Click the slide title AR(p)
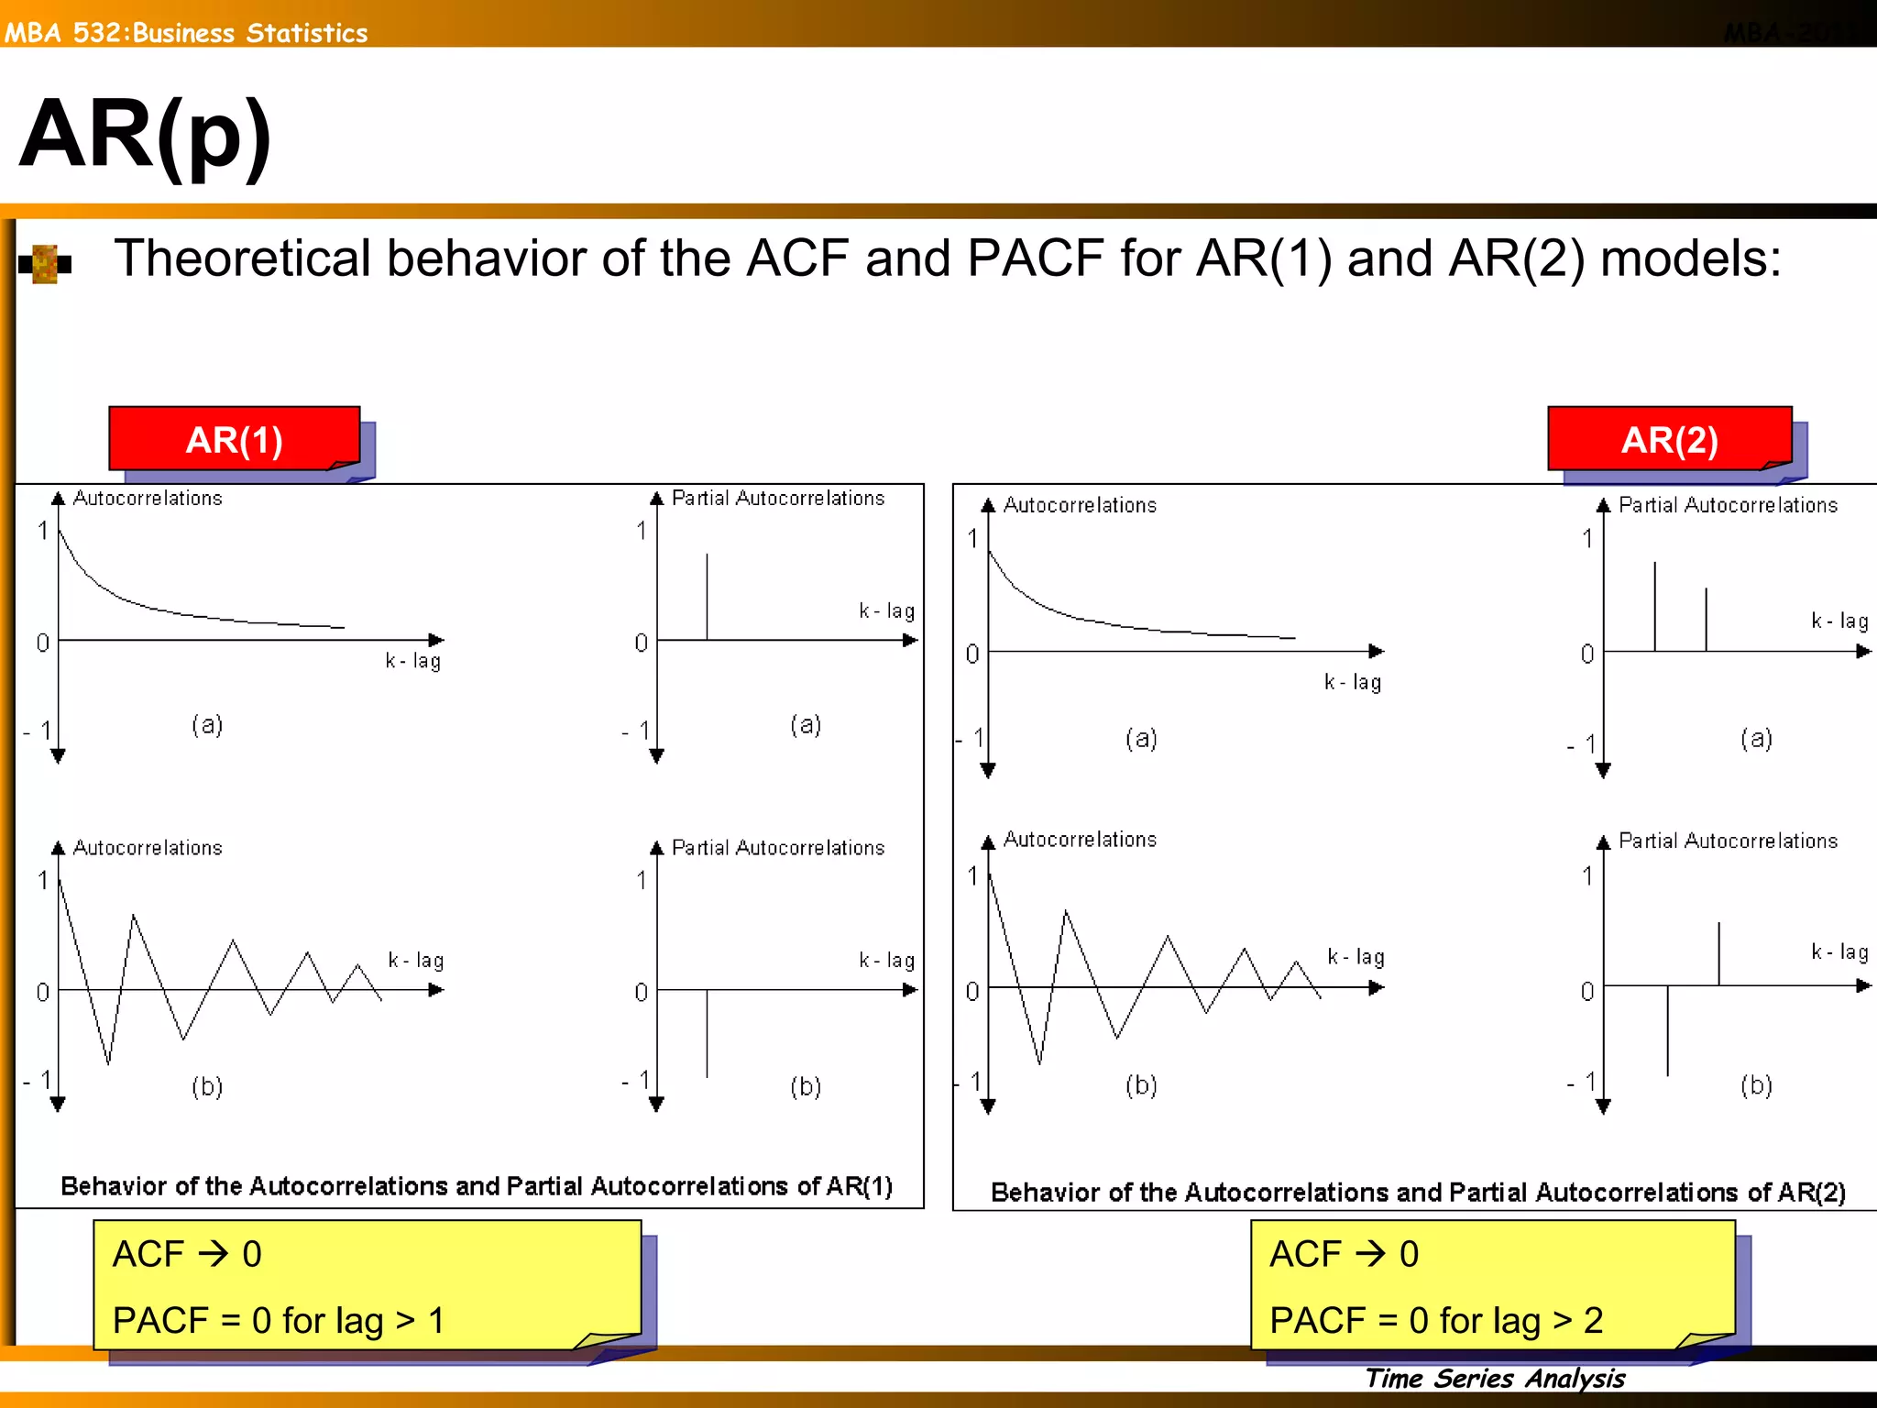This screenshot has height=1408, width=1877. click(x=145, y=136)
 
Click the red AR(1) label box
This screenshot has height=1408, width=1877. click(x=234, y=439)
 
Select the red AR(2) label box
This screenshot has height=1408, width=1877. click(x=1669, y=439)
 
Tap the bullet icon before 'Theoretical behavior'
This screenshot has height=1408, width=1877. click(x=45, y=264)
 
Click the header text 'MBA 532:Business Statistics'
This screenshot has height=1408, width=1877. click(x=186, y=33)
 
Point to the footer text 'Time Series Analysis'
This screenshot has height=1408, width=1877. click(x=1495, y=1378)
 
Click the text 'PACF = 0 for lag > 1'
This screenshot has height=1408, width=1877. click(x=278, y=1320)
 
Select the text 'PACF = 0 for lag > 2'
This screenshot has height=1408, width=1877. click(x=1435, y=1320)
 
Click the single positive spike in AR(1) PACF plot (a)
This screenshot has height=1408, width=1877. click(x=707, y=596)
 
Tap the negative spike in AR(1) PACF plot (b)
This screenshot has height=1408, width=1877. click(x=707, y=1033)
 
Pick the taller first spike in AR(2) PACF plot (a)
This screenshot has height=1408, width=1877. click(x=1654, y=606)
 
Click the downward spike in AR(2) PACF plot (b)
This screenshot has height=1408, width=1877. click(x=1667, y=1030)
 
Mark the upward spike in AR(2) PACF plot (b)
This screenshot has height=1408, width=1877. click(x=1718, y=954)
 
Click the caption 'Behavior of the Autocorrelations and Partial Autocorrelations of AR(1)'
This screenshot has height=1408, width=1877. click(x=477, y=1186)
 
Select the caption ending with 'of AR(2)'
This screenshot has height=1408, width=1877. click(x=1418, y=1192)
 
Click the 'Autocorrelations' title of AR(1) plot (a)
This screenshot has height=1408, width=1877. click(x=148, y=498)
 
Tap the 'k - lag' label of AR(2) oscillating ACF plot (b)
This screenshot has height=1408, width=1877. click(x=1356, y=956)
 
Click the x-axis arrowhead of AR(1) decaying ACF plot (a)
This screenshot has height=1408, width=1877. click(x=436, y=640)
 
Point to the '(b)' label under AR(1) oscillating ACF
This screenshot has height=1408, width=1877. click(x=207, y=1086)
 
